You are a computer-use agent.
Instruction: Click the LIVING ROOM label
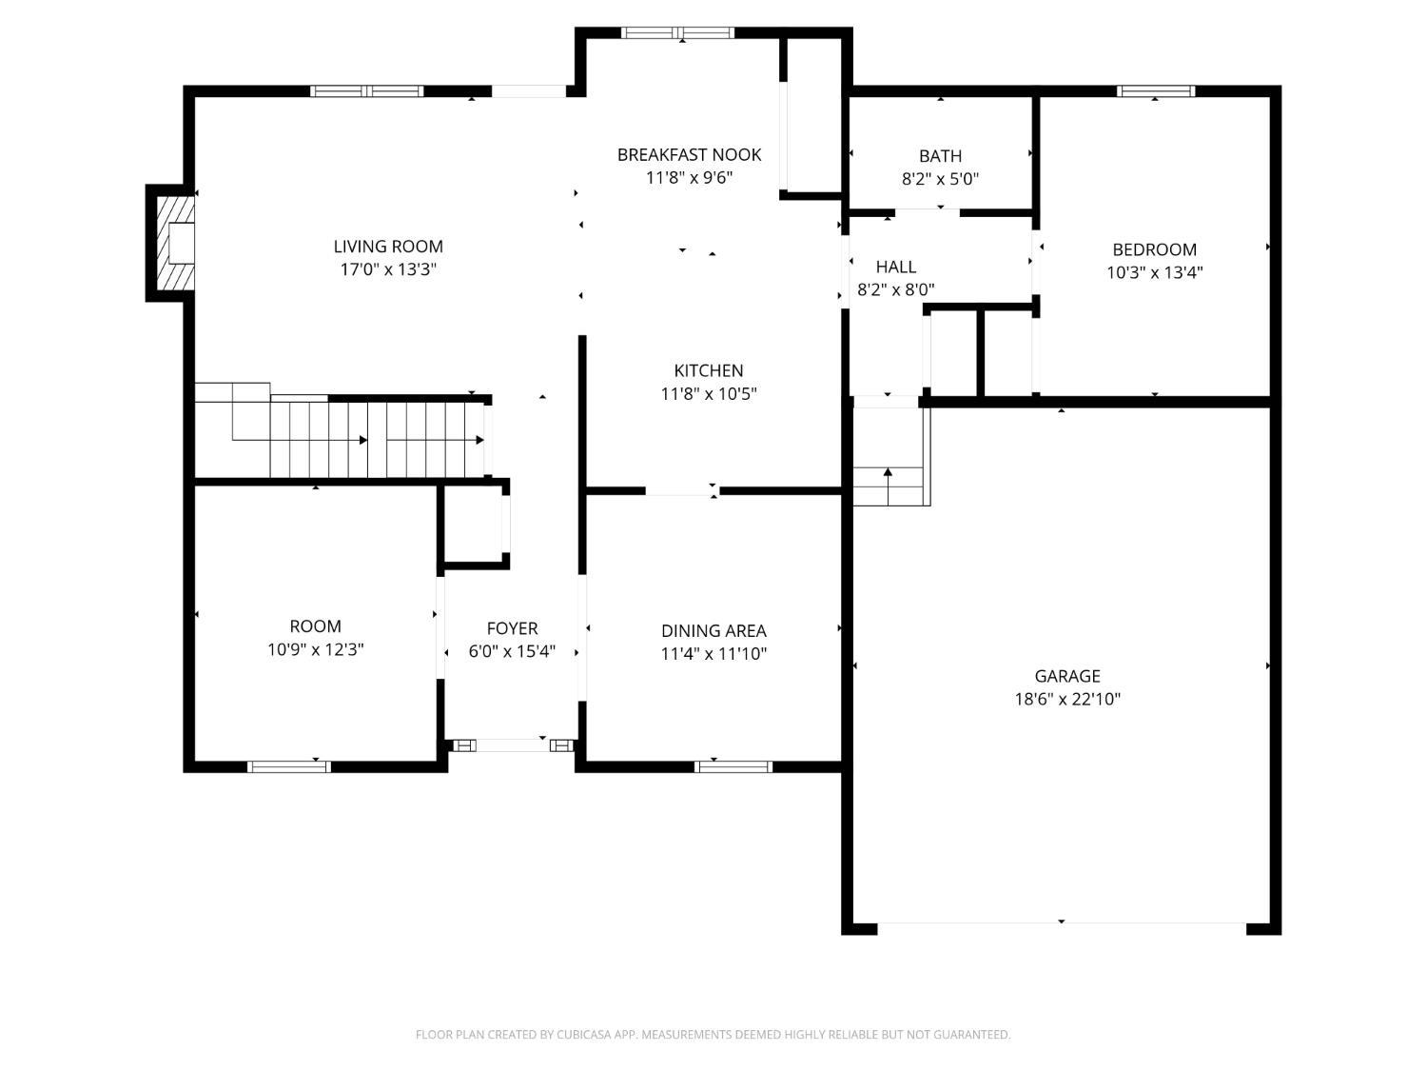coord(388,247)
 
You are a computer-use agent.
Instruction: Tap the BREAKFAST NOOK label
coord(689,155)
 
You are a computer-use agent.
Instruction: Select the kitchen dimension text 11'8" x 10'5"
coord(709,393)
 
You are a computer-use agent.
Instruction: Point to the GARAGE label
coord(1067,676)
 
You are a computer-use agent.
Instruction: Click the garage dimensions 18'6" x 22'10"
coord(1067,699)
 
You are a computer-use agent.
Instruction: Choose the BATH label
coord(940,156)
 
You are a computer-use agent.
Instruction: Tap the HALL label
coord(896,267)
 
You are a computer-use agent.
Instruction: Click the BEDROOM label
coord(1155,249)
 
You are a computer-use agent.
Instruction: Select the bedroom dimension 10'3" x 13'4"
coord(1155,272)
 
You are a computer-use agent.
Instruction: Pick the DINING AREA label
coord(713,631)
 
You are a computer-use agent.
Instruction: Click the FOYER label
coord(512,629)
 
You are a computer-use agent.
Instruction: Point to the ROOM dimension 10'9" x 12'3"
coord(315,649)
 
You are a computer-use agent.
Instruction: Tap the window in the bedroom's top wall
coord(1156,91)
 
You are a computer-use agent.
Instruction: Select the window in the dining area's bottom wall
coord(733,766)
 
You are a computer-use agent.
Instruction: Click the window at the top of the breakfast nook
coord(677,33)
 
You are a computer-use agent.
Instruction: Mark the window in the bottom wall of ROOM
coord(288,766)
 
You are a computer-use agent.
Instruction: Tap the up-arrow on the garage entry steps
coord(888,486)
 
